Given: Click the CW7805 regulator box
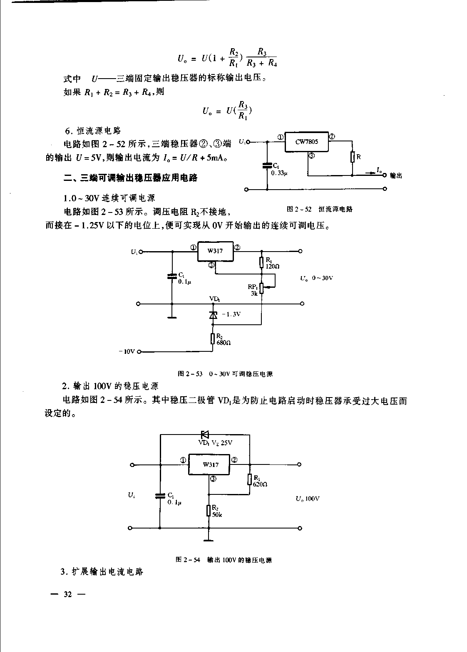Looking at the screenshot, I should coord(306,142).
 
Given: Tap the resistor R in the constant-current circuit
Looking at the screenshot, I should coord(352,157).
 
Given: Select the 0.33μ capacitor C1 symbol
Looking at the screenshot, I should coord(267,165).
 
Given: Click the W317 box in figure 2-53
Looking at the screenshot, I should coord(215,251).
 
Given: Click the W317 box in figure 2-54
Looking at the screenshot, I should coord(211,464).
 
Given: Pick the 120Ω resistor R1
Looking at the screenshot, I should coord(261,262).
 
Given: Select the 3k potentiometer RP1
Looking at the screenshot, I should coord(261,288).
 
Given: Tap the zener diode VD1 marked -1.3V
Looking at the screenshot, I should coord(214,315).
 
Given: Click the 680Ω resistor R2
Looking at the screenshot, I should coord(213,338).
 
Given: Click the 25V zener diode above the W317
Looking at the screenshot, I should coord(205,435).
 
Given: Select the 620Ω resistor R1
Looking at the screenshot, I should coord(249,479).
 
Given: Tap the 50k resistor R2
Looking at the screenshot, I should coord(209,510).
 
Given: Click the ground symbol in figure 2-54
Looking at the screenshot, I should coord(209,540).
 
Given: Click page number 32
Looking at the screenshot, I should coord(67,595).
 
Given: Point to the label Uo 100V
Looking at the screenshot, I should coord(308,498).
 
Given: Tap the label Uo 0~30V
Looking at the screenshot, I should coord(317,278).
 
